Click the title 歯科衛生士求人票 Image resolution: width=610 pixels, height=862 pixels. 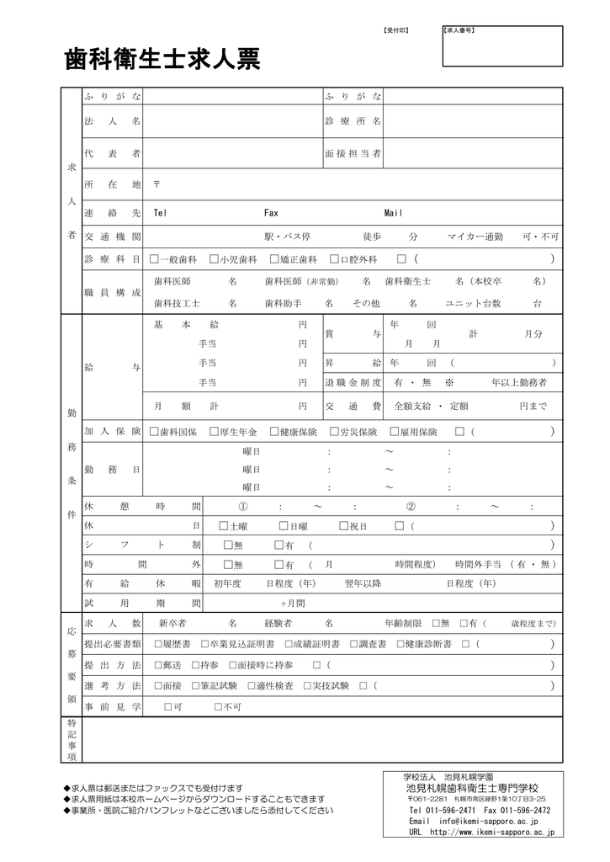pyautogui.click(x=162, y=60)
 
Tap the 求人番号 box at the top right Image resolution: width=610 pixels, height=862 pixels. pyautogui.click(x=501, y=46)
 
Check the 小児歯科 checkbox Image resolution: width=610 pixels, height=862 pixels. pyautogui.click(x=215, y=259)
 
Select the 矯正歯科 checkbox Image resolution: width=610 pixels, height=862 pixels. pyautogui.click(x=274, y=259)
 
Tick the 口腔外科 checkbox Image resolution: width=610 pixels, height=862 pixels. pyautogui.click(x=334, y=259)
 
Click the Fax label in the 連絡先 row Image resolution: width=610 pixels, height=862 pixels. pyautogui.click(x=271, y=214)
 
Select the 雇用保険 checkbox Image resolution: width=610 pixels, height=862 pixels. pyautogui.click(x=395, y=432)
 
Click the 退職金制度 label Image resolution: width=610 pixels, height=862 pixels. pyautogui.click(x=353, y=383)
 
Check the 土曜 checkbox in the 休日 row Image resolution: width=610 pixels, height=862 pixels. pyautogui.click(x=223, y=526)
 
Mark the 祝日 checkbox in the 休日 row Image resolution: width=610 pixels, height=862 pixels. pyautogui.click(x=343, y=526)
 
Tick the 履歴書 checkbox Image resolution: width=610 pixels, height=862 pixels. pyautogui.click(x=158, y=644)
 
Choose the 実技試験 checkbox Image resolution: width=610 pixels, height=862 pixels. pyautogui.click(x=305, y=686)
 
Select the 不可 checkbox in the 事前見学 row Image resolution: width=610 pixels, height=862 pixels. pyautogui.click(x=218, y=706)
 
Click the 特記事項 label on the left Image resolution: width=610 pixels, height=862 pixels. pyautogui.click(x=72, y=740)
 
